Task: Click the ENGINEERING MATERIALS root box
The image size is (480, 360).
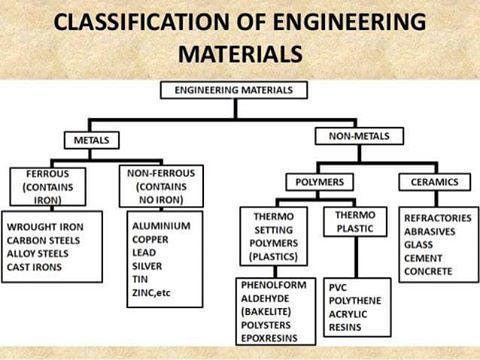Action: click(232, 90)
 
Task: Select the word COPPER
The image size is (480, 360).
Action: click(152, 240)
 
